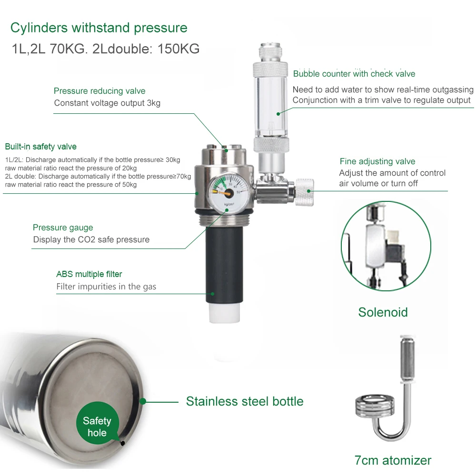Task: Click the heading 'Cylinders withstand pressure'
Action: point(99,28)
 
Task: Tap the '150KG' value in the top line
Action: point(178,49)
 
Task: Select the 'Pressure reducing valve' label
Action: point(99,91)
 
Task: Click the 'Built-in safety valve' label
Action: point(40,147)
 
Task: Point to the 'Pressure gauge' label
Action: point(63,228)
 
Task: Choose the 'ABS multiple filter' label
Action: point(89,274)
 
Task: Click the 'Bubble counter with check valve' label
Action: point(354,74)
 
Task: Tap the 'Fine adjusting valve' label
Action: point(377,161)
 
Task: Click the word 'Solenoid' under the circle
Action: point(383,312)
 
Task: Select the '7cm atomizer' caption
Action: point(393,460)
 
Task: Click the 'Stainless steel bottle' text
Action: point(245,401)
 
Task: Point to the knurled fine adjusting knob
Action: point(304,192)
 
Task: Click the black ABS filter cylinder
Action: point(224,265)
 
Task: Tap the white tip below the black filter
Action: point(224,312)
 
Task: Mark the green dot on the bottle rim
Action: point(143,402)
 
